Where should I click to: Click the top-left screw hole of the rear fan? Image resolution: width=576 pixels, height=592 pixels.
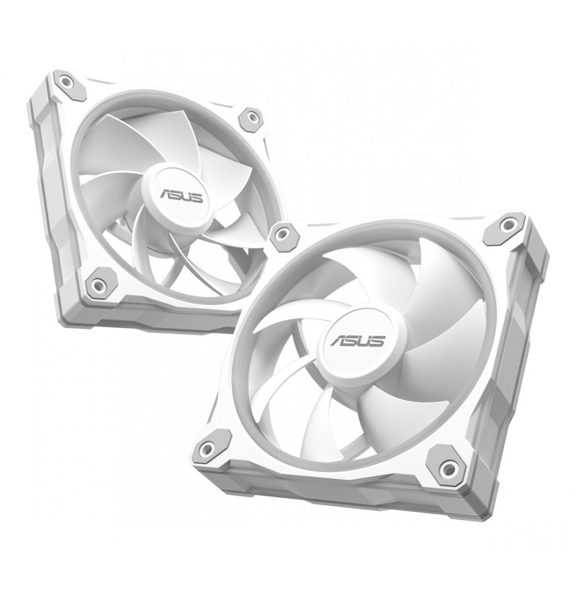pos(66,81)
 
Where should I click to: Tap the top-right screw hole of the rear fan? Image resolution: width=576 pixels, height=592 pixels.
pos(251,116)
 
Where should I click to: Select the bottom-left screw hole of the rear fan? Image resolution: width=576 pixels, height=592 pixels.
pos(98,283)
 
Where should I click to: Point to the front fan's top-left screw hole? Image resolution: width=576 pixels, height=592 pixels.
pos(281,234)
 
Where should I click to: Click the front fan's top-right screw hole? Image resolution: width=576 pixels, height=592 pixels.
pos(506,225)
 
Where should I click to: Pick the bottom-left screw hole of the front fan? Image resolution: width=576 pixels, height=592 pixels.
pos(207,449)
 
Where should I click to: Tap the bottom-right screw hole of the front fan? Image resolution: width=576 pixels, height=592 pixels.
pos(449,468)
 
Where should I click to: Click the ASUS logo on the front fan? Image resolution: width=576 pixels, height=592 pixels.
pos(358,341)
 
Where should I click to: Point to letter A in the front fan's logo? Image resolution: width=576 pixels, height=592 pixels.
pos(338,340)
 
